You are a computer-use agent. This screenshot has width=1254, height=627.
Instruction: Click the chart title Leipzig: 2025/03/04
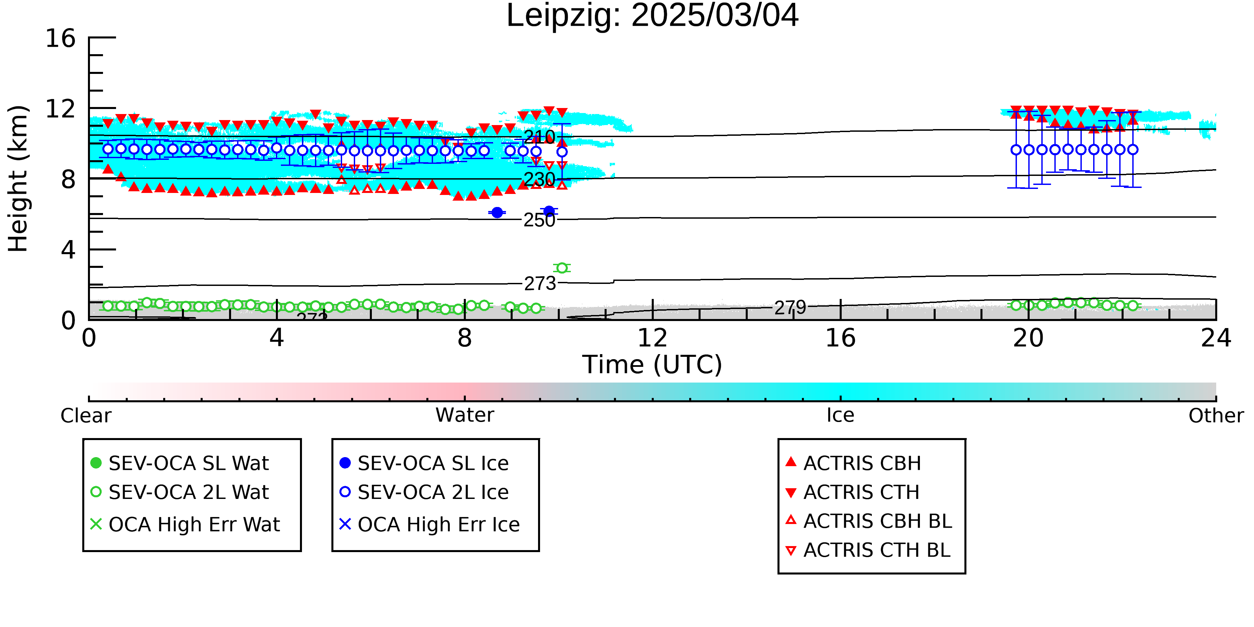[x=652, y=16]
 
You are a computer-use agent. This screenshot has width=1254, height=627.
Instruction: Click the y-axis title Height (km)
[x=18, y=179]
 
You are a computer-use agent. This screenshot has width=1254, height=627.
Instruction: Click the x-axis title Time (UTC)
[x=652, y=364]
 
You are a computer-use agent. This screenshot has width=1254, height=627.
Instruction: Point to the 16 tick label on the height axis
[x=61, y=38]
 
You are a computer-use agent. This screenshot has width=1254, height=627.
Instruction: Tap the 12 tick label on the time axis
[x=652, y=338]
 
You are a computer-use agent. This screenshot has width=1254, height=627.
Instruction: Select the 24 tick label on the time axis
[x=1216, y=338]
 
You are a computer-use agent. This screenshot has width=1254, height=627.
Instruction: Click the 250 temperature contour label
[x=539, y=220]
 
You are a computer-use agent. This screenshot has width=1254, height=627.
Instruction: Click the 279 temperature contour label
[x=791, y=308]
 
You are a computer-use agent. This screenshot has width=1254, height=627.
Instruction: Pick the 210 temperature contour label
[x=539, y=137]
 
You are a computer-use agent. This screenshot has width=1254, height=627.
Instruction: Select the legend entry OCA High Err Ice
[x=429, y=524]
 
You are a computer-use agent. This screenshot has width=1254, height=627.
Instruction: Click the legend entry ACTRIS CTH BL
[x=868, y=550]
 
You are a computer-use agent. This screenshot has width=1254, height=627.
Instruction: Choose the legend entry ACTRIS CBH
[x=853, y=463]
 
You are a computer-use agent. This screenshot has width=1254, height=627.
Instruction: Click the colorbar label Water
[x=465, y=415]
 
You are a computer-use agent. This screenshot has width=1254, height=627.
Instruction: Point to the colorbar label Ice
[x=840, y=415]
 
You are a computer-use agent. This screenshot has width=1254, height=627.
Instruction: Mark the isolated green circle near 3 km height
[x=562, y=268]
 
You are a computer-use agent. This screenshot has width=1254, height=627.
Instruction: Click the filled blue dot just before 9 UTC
[x=497, y=212]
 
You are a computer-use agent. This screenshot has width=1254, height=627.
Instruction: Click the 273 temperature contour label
[x=540, y=283]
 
